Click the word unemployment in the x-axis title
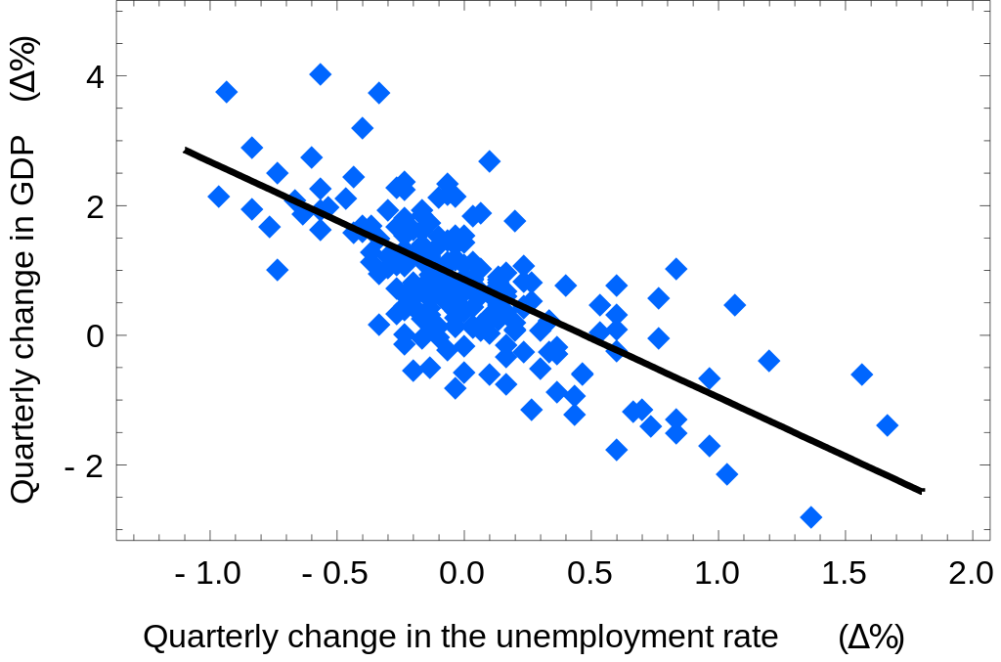(x=587, y=638)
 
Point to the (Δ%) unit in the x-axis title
(x=871, y=638)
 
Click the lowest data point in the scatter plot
(x=810, y=517)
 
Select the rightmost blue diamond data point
(x=888, y=425)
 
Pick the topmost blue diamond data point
(x=320, y=74)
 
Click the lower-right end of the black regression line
(x=921, y=490)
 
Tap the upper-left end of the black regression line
(x=186, y=150)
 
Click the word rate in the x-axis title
(x=753, y=638)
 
